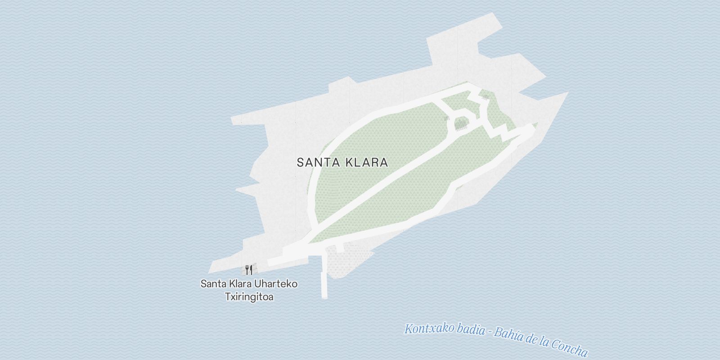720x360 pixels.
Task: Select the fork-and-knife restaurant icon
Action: pyautogui.click(x=249, y=270)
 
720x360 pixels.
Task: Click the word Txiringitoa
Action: pyautogui.click(x=249, y=297)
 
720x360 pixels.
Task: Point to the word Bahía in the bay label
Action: pyautogui.click(x=508, y=335)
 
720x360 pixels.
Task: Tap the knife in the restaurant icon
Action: pyautogui.click(x=251, y=270)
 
